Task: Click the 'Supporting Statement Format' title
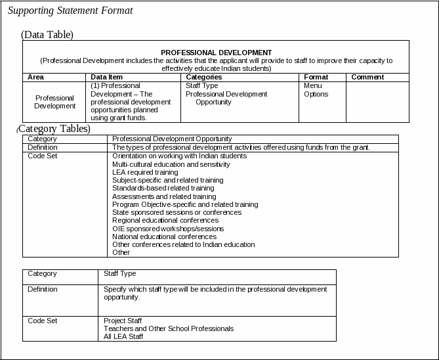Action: (x=70, y=11)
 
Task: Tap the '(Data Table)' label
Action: (x=47, y=35)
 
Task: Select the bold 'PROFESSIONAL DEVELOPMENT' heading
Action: (x=216, y=53)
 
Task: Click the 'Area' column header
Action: (x=35, y=77)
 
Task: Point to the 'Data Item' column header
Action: (x=106, y=77)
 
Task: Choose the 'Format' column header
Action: (x=316, y=77)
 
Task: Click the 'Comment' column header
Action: (x=367, y=77)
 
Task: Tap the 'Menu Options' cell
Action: (x=316, y=90)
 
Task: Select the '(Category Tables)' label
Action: (x=54, y=129)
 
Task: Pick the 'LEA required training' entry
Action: (x=145, y=172)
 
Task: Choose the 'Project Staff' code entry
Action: (x=123, y=321)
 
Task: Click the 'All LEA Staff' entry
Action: (x=123, y=336)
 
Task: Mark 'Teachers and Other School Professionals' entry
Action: (x=169, y=328)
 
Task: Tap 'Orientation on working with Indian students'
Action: (x=179, y=156)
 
